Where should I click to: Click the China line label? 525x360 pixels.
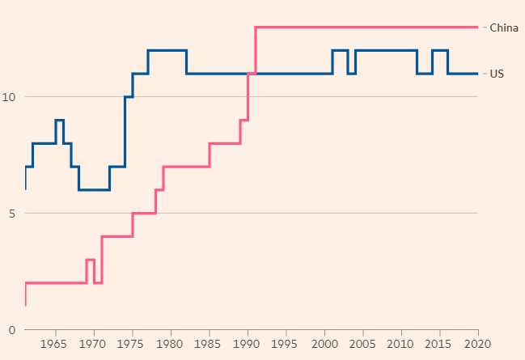pos(503,28)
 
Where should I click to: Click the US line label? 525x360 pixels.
pos(496,74)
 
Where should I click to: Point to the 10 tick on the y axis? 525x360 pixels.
pos(9,97)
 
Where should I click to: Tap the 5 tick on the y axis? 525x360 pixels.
pos(11,214)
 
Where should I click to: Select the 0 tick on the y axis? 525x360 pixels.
pos(11,330)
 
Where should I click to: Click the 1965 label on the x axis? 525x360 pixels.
pos(56,345)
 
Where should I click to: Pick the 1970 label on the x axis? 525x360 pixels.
pos(94,345)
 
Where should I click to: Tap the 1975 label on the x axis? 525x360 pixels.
pos(133,345)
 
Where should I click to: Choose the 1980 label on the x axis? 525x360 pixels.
pos(171,345)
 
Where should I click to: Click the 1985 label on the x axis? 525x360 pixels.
pos(210,345)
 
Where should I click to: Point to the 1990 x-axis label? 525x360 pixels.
pos(248,345)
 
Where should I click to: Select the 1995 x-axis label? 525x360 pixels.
pos(286,345)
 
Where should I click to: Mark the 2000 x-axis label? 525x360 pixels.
pos(324,345)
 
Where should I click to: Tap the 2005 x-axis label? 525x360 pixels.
pos(363,345)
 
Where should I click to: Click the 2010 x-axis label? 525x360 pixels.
pos(401,345)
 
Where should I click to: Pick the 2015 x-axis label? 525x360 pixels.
pos(440,345)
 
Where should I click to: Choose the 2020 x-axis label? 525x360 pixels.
pos(477,345)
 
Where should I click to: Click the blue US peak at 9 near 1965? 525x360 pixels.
pos(59,120)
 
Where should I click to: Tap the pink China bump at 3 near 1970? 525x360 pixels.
pos(90,260)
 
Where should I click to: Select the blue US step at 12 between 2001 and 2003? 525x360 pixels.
pos(340,50)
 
